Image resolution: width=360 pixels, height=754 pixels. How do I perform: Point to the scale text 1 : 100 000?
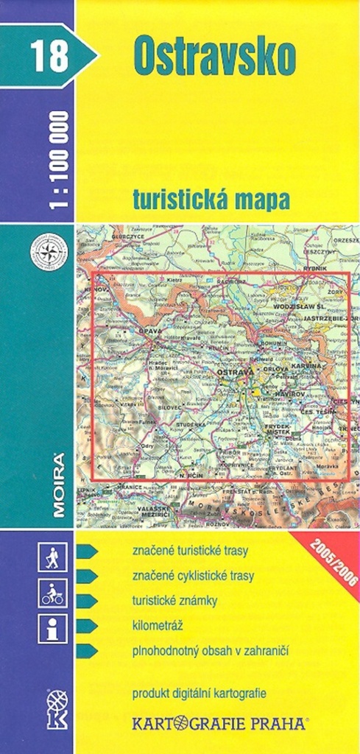click(x=60, y=160)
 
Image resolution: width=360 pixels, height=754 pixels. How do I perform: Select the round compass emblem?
click(x=49, y=253)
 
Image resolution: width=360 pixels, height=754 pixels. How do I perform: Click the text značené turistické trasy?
click(x=190, y=551)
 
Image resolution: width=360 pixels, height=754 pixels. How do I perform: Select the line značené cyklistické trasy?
click(x=193, y=576)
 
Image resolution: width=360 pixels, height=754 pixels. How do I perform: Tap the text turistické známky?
click(x=174, y=601)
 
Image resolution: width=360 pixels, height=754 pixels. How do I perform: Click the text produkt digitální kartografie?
click(x=199, y=693)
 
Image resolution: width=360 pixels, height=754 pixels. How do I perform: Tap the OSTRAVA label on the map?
click(x=236, y=374)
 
